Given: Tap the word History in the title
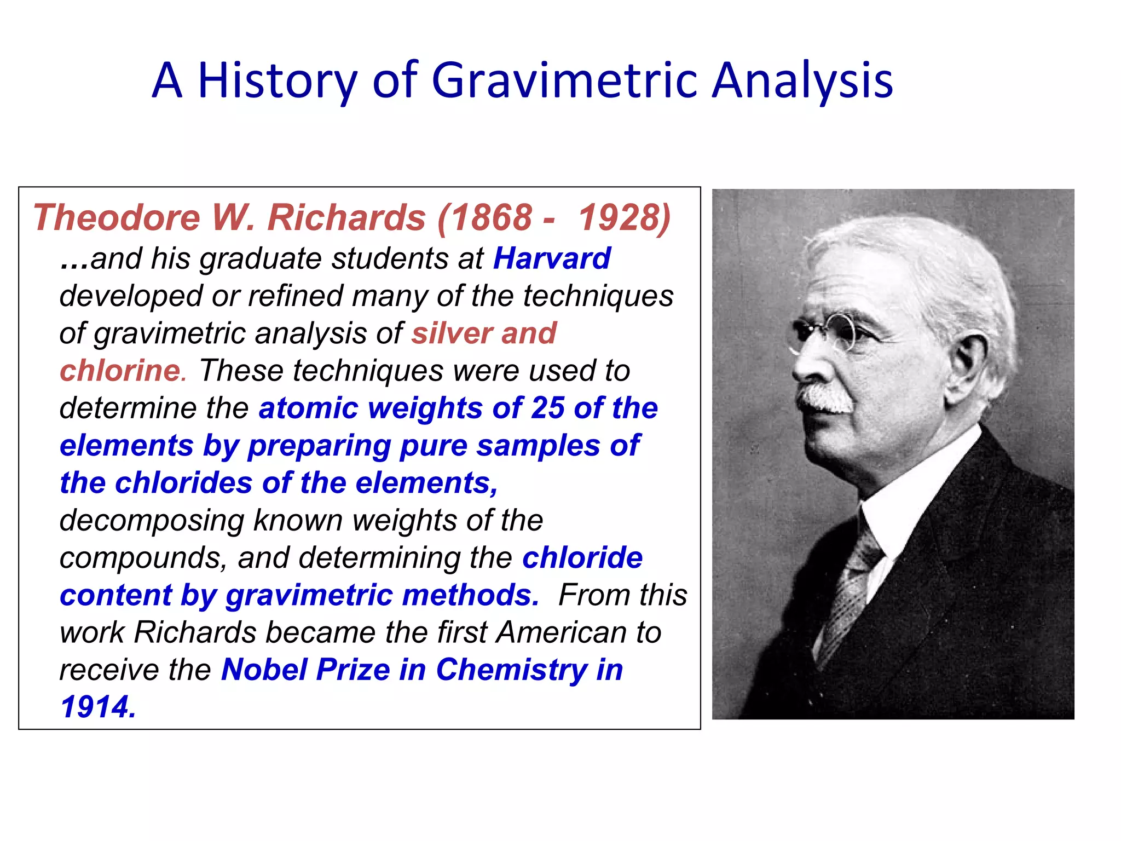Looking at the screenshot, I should pos(277,81).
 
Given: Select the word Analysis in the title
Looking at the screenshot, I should pos(802,81).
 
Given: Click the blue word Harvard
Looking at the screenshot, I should pos(552,258).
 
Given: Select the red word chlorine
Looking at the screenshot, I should pos(120,371).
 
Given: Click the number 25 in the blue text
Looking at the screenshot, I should pos(547,408).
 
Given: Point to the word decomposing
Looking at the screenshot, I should pos(151,520).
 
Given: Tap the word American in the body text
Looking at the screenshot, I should pos(561,632).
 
